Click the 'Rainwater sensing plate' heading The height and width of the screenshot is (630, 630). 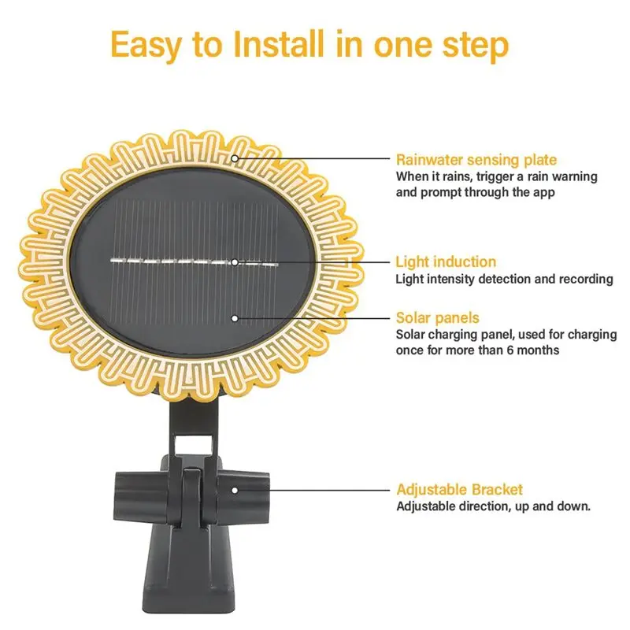pyautogui.click(x=476, y=159)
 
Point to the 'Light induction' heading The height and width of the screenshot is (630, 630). pyautogui.click(x=446, y=261)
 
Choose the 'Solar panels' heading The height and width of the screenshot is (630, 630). pyautogui.click(x=437, y=318)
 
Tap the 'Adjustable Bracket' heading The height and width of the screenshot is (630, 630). pyautogui.click(x=459, y=489)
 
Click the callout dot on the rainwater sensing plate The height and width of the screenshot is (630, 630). pyautogui.click(x=235, y=158)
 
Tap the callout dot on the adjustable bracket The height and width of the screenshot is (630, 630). pyautogui.click(x=235, y=489)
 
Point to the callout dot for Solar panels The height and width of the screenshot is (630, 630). pyautogui.click(x=235, y=318)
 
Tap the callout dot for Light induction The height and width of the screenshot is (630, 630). pyautogui.click(x=235, y=261)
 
